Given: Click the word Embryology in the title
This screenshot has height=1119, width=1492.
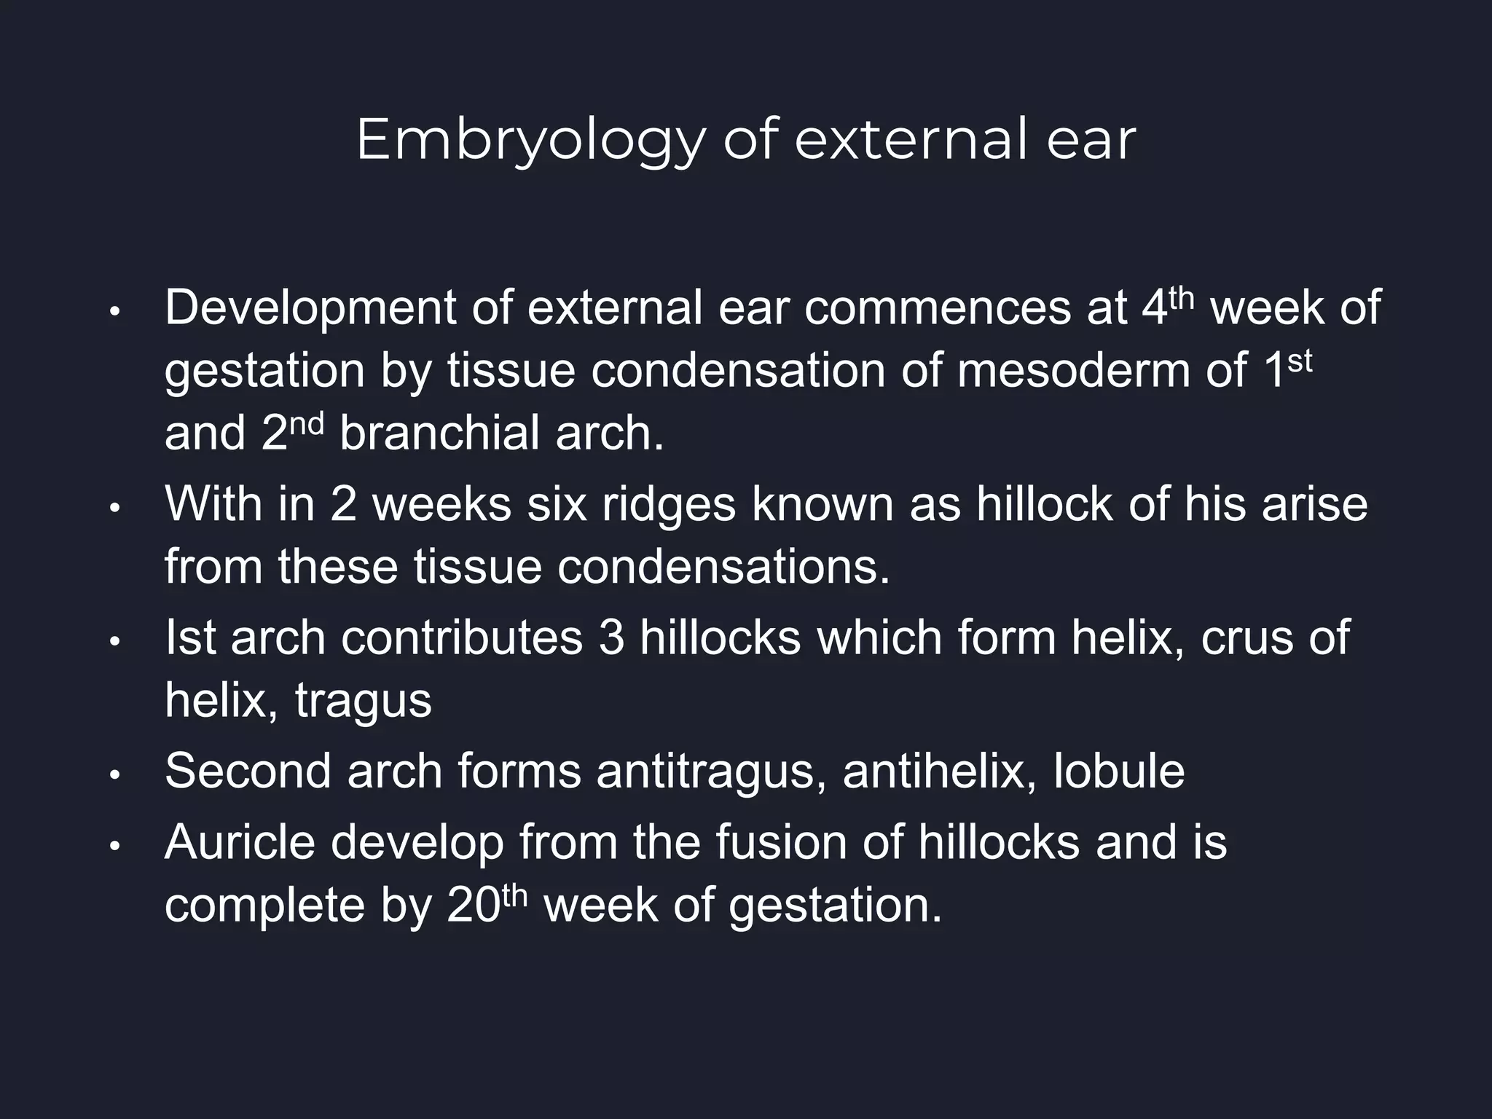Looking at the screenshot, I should point(530,141).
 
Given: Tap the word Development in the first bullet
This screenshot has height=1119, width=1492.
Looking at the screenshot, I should point(310,308).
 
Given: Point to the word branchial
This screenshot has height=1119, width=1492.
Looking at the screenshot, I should point(439,433).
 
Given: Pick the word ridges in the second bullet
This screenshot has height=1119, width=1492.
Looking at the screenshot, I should point(669,504).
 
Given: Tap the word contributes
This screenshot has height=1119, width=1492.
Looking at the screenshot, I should point(461,637).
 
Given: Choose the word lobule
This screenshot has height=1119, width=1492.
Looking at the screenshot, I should point(1119,771).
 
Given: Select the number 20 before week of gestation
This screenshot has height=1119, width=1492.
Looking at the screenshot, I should point(472,906).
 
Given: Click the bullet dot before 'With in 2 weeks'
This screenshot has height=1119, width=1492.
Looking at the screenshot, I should point(114,508).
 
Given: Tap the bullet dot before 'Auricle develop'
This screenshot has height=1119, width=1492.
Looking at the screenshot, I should point(114,847).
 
